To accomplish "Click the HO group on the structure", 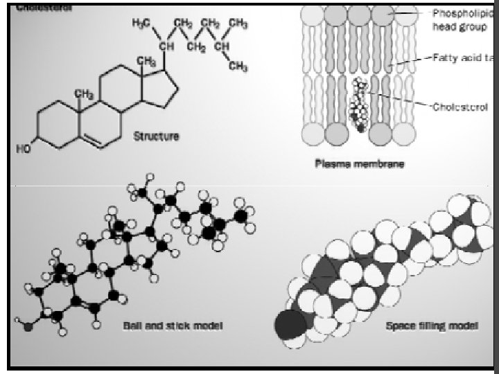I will (x=23, y=148).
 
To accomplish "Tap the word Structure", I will (x=155, y=136).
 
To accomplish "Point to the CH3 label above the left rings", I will (x=83, y=93).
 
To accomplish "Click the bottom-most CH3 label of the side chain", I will (x=238, y=66).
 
